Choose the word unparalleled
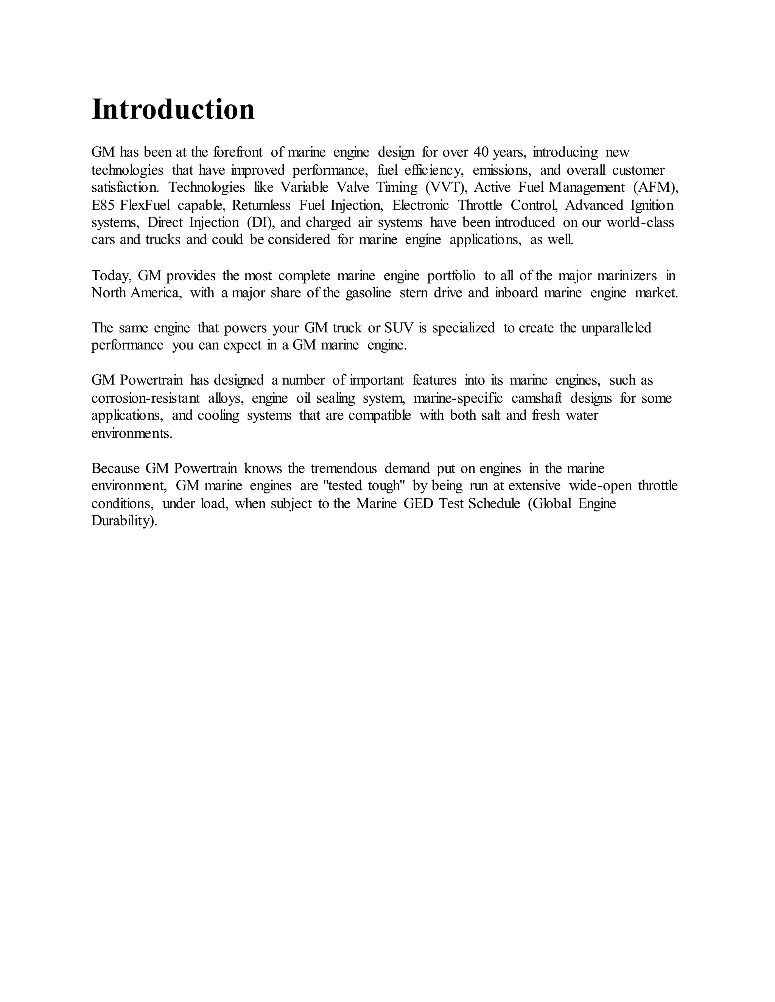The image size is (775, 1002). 616,328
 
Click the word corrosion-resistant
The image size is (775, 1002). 146,398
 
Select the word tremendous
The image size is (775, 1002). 344,468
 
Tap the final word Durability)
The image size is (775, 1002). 124,521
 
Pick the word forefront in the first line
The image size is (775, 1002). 238,152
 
